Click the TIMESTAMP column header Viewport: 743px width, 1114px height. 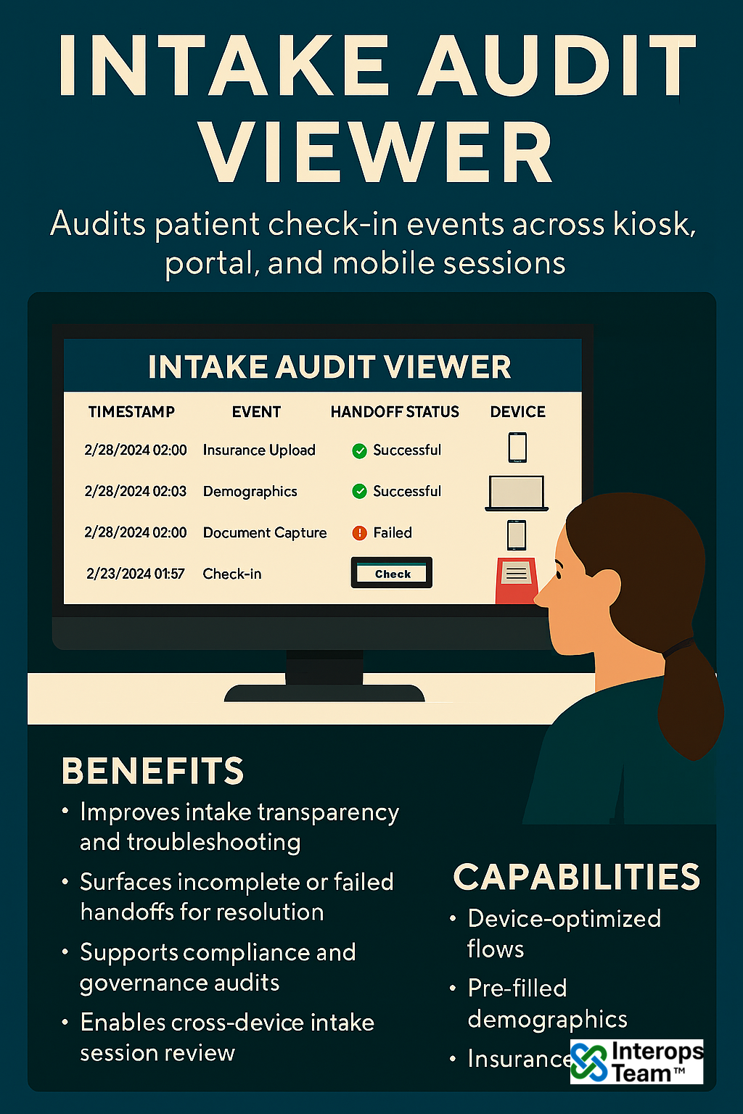point(131,412)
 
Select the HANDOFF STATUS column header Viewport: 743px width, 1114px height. point(395,412)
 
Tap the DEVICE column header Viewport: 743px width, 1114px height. point(517,412)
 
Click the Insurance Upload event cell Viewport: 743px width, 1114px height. point(259,450)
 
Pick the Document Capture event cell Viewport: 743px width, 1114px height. point(265,532)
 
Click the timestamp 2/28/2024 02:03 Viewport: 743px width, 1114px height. point(136,491)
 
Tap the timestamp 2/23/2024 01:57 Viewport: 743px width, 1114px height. point(136,574)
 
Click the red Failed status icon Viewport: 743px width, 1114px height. point(359,533)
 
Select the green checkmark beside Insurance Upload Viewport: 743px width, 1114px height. point(359,450)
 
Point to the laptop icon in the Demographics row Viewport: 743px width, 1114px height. point(517,493)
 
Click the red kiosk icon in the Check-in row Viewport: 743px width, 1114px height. point(517,580)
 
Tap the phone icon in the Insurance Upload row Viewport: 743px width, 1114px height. point(517,447)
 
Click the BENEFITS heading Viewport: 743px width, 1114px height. point(153,771)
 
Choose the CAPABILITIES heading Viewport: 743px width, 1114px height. point(577,877)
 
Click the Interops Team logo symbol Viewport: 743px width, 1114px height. point(589,1062)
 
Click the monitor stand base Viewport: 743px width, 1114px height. point(324,693)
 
